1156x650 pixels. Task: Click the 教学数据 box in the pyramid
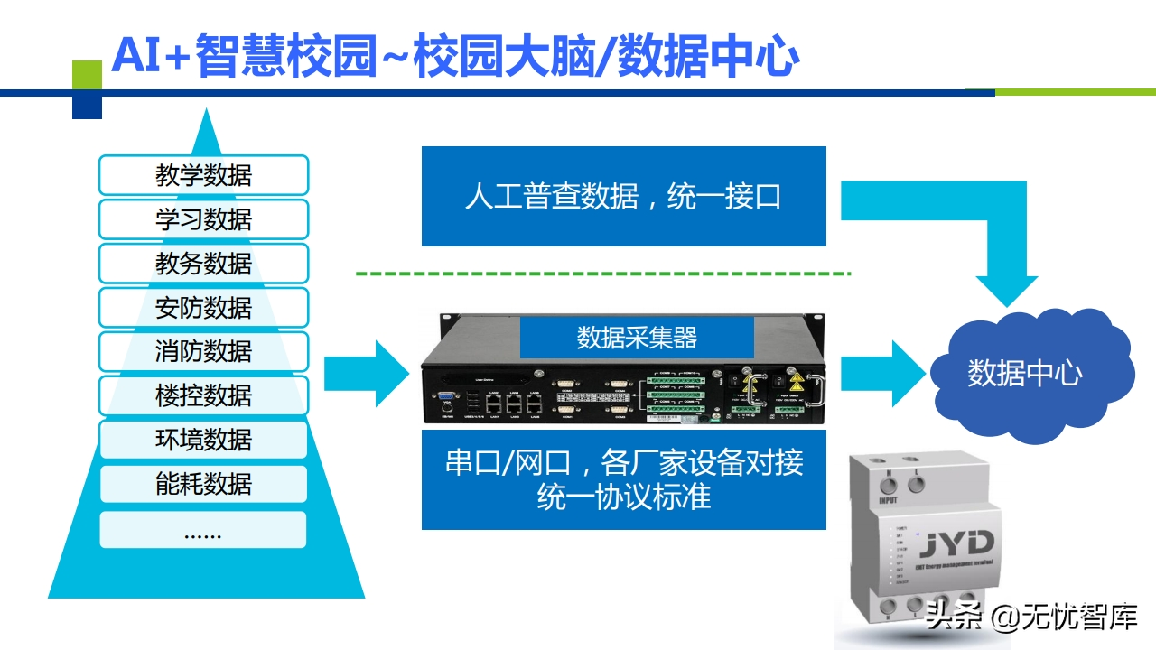click(203, 175)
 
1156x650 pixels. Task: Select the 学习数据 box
click(203, 219)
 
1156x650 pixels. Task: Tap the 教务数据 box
click(203, 264)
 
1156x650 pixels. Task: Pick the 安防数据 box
click(203, 308)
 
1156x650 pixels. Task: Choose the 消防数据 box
click(203, 351)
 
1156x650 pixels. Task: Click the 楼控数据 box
click(203, 395)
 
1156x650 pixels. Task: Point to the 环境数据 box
click(203, 440)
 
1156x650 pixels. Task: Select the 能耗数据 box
click(203, 484)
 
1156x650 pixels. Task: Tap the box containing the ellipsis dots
click(203, 530)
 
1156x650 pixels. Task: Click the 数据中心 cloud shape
click(1024, 373)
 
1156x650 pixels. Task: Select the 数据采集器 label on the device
click(637, 338)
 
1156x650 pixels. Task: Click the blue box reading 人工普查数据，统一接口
click(623, 197)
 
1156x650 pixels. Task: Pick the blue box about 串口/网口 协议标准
click(623, 479)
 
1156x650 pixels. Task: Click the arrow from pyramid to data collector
click(366, 374)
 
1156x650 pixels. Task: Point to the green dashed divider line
click(602, 273)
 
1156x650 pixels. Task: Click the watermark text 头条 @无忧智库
click(1030, 618)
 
